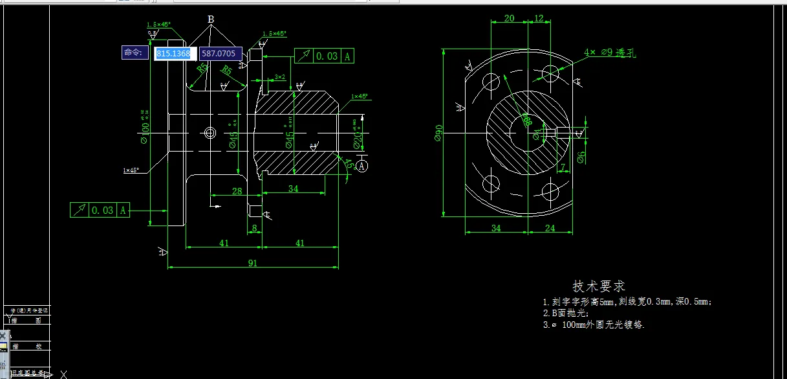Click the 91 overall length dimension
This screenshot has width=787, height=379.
click(252, 263)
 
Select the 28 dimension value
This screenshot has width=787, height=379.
click(237, 190)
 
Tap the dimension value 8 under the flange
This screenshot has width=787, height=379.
click(254, 227)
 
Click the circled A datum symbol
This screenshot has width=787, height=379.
click(361, 166)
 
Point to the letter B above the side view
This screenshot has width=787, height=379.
click(210, 19)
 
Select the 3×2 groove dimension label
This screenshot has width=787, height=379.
click(279, 76)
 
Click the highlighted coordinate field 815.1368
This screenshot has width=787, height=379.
click(173, 53)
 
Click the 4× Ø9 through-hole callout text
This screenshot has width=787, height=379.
click(610, 52)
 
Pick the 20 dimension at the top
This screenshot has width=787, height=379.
click(509, 18)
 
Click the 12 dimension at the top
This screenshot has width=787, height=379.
click(539, 18)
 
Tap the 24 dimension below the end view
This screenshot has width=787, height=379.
click(550, 227)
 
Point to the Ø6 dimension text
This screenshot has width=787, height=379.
click(581, 156)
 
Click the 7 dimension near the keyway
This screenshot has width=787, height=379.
click(563, 167)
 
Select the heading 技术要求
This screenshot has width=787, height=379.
click(599, 286)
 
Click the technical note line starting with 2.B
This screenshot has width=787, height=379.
click(566, 313)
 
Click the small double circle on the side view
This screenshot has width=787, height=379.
click(210, 133)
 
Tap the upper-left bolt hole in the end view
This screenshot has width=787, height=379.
click(491, 82)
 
